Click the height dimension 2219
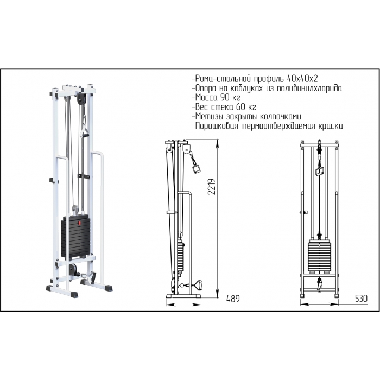point(212,187)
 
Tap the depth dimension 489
point(233,299)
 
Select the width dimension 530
point(361,299)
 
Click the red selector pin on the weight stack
point(79,223)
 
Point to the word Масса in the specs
point(206,97)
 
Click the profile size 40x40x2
point(302,79)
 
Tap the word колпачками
point(281,116)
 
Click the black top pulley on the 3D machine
point(81,99)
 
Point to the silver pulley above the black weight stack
point(75,209)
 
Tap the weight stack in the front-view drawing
point(319,256)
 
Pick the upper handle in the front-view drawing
point(320,172)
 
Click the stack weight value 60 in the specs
point(239,107)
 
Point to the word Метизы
point(210,116)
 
